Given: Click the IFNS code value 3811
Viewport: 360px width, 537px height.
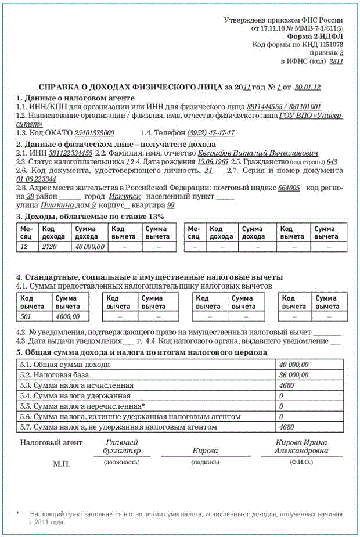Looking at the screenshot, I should tap(336, 60).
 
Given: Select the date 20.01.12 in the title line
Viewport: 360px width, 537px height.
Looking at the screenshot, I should tap(308, 87).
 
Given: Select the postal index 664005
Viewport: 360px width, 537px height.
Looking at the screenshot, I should tap(289, 188).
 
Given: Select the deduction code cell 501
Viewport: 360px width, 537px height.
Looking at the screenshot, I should tap(27, 316).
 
